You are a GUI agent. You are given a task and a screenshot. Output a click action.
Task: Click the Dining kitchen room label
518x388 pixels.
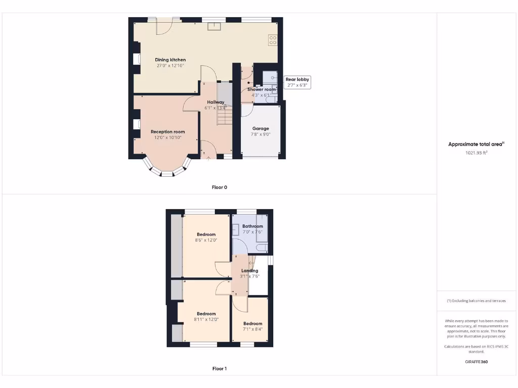170,60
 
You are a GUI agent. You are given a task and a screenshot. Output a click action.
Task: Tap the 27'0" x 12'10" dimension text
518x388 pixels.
170,66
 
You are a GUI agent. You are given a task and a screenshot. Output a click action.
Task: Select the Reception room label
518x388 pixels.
168,132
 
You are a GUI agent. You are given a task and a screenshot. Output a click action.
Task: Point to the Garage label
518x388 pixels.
261,128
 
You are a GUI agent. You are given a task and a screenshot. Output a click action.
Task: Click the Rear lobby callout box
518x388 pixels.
297,82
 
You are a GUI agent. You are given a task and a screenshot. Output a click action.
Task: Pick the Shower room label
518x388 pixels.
262,89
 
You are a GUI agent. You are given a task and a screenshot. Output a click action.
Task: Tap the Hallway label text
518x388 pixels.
215,102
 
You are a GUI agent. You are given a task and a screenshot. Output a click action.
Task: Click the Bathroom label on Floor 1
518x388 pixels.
252,226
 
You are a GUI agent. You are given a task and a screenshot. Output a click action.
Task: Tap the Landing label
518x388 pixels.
250,271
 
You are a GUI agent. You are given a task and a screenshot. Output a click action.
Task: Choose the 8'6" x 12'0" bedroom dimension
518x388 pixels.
206,240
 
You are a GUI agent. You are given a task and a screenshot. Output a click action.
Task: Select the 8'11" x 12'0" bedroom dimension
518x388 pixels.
206,319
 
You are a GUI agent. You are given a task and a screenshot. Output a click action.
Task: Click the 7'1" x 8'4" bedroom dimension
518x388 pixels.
252,329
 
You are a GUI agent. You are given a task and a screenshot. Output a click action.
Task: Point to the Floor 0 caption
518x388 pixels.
220,187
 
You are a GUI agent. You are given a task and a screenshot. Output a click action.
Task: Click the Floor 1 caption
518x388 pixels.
220,369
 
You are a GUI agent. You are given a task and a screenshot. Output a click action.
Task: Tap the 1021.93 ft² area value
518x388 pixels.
476,153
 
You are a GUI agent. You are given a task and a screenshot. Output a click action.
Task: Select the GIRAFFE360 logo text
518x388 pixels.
476,362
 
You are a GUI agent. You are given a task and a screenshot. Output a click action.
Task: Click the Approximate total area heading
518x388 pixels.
476,144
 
